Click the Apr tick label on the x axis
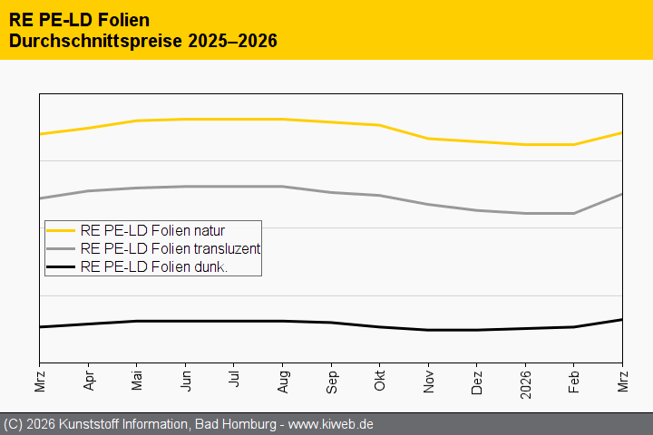(88, 380)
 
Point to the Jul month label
(234, 379)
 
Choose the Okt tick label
(379, 380)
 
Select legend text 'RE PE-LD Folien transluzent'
(171, 248)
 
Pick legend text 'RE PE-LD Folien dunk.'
(153, 266)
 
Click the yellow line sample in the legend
(61, 230)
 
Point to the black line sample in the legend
(61, 266)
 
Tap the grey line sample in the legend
(61, 248)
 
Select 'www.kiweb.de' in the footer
(331, 424)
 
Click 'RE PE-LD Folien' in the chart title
(79, 19)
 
